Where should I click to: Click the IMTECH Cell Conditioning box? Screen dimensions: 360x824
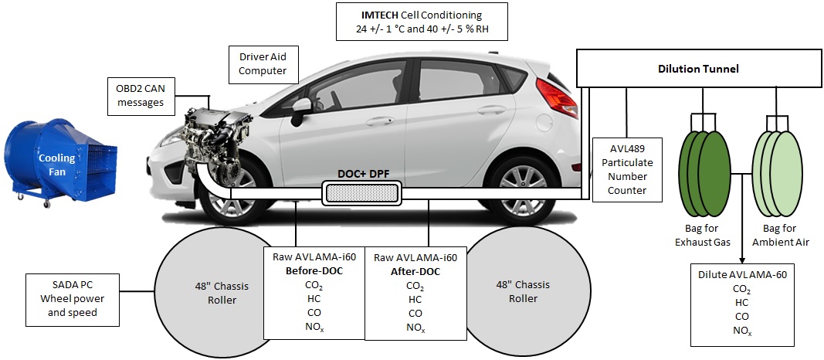(x=422, y=22)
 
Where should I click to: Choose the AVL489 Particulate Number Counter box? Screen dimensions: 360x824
(x=627, y=169)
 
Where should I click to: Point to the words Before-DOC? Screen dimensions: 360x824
(x=314, y=271)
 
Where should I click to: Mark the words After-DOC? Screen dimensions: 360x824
(x=414, y=272)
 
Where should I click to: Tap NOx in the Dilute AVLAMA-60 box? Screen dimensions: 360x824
(x=741, y=331)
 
